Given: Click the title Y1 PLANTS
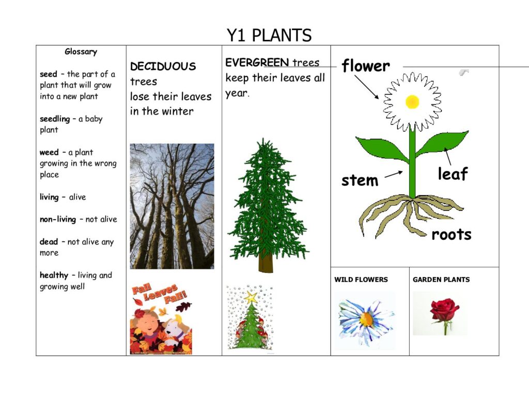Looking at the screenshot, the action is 269,35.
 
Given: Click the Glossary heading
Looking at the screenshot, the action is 81,52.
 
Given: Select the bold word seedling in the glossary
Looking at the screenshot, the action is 55,119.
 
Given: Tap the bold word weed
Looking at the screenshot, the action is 49,153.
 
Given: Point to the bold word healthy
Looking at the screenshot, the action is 54,275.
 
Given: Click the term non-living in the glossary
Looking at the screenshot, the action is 58,219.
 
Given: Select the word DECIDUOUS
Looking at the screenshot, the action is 163,66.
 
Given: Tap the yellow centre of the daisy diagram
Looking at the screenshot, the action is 412,102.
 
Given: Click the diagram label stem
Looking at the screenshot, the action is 360,180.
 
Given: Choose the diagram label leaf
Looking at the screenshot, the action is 453,174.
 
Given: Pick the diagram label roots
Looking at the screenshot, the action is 452,234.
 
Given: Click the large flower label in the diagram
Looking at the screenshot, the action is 366,66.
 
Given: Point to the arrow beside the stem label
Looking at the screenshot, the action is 394,174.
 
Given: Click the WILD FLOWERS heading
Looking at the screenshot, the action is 361,280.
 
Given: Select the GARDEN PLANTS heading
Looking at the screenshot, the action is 441,280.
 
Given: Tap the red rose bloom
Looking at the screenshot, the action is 444,309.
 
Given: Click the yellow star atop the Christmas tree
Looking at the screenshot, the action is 251,297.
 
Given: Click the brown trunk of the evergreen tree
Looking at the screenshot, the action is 266,262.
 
